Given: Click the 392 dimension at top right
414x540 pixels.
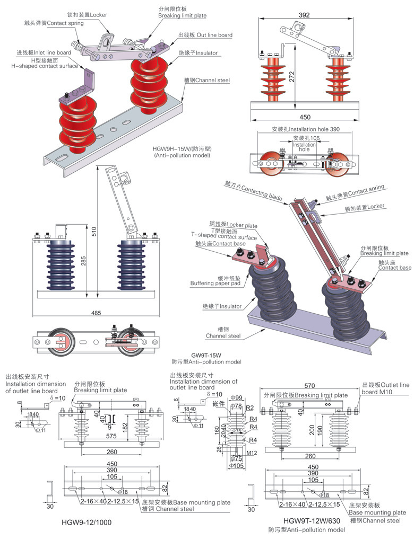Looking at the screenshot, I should (304, 16).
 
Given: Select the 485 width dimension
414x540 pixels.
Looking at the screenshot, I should (96, 313).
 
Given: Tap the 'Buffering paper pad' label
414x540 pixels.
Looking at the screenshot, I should (215, 284).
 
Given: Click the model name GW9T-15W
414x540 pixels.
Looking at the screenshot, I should (205, 355).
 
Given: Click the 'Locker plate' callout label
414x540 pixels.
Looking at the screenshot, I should (233, 226).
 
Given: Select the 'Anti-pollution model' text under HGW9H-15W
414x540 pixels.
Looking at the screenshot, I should (182, 156).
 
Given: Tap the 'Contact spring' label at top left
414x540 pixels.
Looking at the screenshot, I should (50, 23).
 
